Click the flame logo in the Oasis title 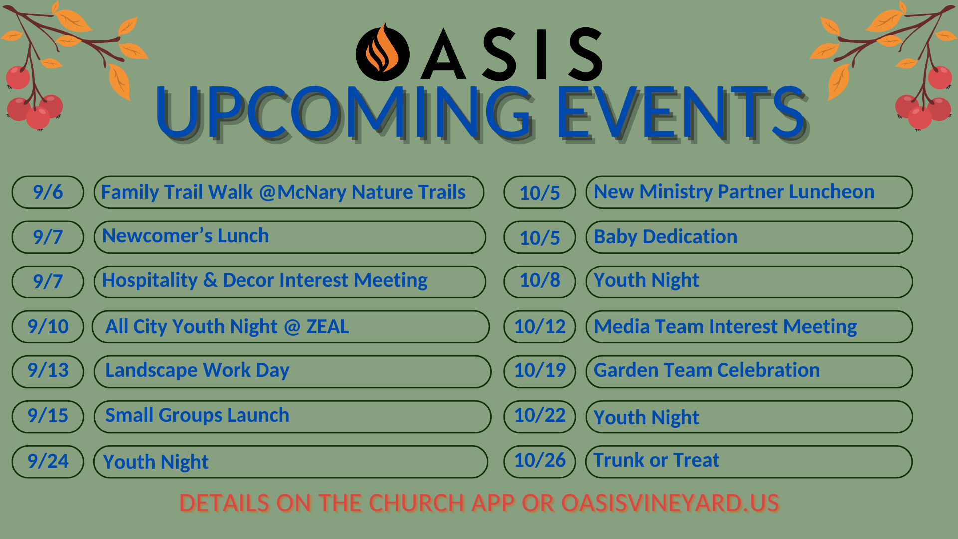(x=383, y=52)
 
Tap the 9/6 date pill (x=48, y=192)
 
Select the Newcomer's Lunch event (x=290, y=237)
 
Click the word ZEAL (x=328, y=327)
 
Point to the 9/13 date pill (x=48, y=372)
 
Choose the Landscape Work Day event (x=292, y=372)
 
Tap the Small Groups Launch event (x=292, y=417)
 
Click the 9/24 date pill (x=48, y=462)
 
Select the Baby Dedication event (x=749, y=237)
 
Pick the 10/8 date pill (x=540, y=282)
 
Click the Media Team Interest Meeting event (x=749, y=327)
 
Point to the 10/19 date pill (x=540, y=372)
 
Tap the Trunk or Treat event (x=749, y=462)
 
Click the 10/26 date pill (x=540, y=462)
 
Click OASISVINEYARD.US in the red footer (x=670, y=503)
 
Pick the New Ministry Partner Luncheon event (x=749, y=192)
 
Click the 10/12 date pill (x=540, y=327)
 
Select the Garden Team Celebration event (x=749, y=372)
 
